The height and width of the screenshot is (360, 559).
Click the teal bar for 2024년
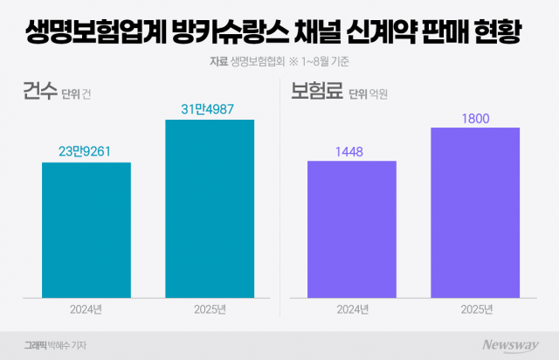click(86, 229)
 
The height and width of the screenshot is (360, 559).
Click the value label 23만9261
click(86, 151)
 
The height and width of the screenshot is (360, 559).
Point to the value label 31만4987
click(210, 108)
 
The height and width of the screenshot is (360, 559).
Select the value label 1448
click(352, 151)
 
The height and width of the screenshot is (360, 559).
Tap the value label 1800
click(475, 117)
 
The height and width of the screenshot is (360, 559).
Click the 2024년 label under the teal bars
click(86, 308)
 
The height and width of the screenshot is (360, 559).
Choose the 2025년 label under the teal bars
click(210, 308)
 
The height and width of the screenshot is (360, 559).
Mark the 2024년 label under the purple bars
click(352, 308)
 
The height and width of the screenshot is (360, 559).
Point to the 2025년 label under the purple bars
click(475, 308)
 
